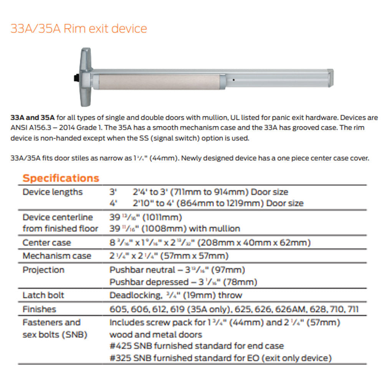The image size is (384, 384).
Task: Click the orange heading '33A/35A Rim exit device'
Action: pyautogui.click(x=79, y=29)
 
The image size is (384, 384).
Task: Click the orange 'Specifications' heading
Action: pyautogui.click(x=61, y=178)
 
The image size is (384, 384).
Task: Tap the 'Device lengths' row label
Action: pyautogui.click(x=53, y=192)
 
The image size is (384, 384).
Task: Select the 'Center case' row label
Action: pyautogui.click(x=46, y=243)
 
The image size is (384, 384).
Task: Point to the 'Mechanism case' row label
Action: pyautogui.click(x=57, y=256)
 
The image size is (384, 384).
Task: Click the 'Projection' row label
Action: pyautogui.click(x=43, y=270)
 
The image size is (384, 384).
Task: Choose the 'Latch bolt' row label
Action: pyautogui.click(x=43, y=295)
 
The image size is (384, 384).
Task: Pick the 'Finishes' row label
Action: pyautogui.click(x=39, y=309)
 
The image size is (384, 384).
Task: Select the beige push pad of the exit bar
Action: pyautogui.click(x=158, y=82)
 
